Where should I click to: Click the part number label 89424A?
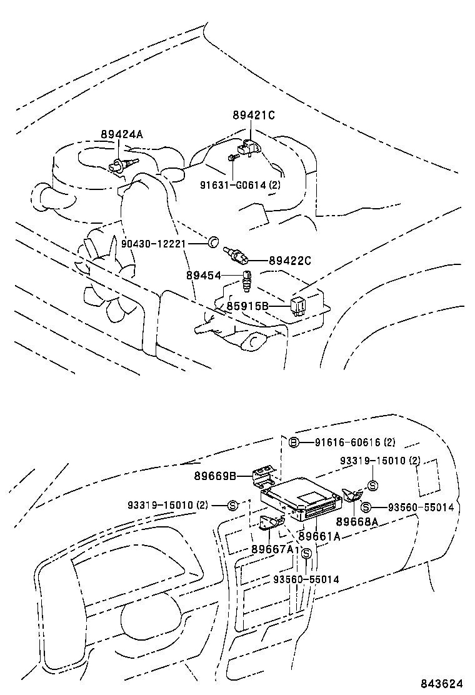[x=122, y=134]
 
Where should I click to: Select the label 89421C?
[x=254, y=115]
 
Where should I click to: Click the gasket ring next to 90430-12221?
[x=212, y=241]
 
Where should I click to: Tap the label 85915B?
[x=247, y=306]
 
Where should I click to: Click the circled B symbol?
[x=294, y=442]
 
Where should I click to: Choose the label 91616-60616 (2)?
[x=354, y=442]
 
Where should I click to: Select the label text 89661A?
[x=319, y=535]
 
